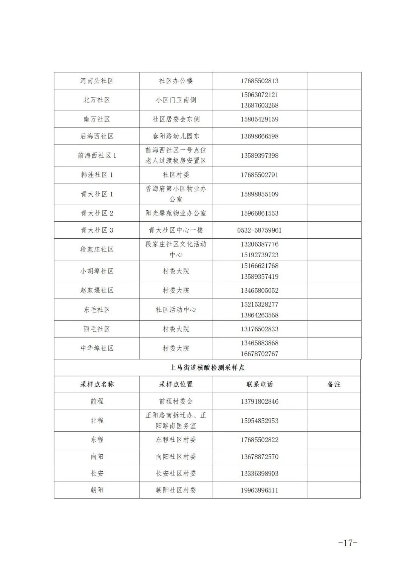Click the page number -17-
(x=347, y=543)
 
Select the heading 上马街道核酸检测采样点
(x=207, y=367)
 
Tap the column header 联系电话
(x=260, y=384)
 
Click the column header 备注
(x=334, y=384)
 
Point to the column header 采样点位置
(x=176, y=384)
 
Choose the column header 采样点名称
(x=97, y=384)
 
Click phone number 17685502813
(x=260, y=81)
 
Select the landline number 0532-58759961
(x=260, y=230)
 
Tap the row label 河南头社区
(x=97, y=81)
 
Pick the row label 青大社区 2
(x=97, y=213)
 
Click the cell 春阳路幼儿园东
(x=176, y=136)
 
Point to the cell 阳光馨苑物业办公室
(x=176, y=213)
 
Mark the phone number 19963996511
(x=260, y=490)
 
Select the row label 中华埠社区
(x=97, y=348)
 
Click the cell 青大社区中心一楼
(x=176, y=230)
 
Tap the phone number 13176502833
(x=260, y=329)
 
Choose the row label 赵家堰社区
(x=97, y=291)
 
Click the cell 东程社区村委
(x=176, y=440)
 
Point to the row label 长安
(x=97, y=473)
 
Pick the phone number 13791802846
(x=260, y=401)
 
